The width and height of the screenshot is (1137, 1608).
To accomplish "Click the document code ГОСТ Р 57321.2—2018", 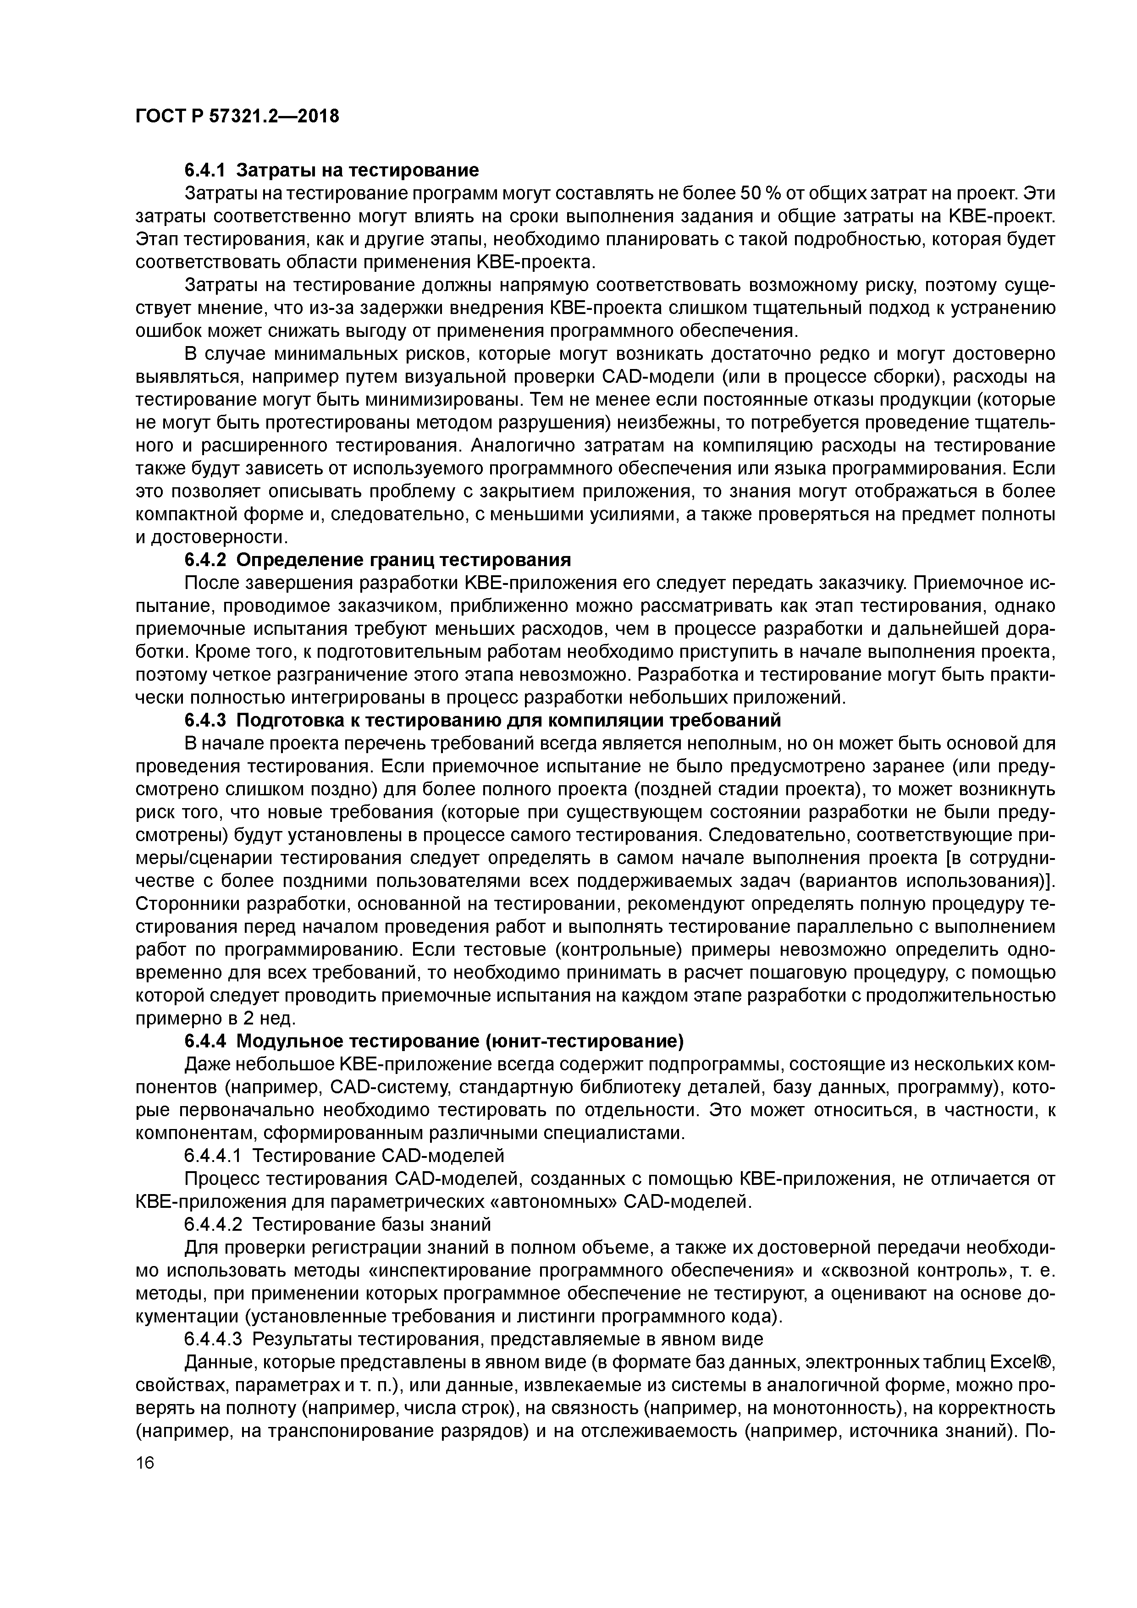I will (237, 116).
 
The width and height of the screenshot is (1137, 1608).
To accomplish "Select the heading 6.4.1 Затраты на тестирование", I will (331, 170).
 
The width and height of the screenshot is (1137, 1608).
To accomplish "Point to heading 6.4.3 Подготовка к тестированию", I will (482, 720).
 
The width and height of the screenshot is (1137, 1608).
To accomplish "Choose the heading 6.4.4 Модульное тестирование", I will (434, 1041).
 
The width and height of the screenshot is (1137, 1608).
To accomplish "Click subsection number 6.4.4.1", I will (213, 1155).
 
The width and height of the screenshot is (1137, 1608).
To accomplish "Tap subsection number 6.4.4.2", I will (213, 1224).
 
